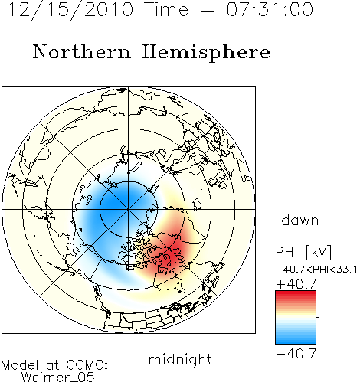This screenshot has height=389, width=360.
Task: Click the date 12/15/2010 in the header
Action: click(70, 10)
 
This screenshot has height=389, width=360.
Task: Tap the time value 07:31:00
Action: click(270, 9)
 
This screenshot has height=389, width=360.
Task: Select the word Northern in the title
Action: click(82, 51)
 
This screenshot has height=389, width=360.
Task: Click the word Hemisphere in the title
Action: click(206, 52)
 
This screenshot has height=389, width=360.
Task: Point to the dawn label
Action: click(300, 221)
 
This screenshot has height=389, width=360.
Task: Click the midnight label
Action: click(180, 360)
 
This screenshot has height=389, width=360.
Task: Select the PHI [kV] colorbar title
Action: click(303, 252)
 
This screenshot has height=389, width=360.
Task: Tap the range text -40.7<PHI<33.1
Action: click(316, 270)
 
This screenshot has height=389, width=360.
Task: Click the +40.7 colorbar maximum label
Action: click(296, 284)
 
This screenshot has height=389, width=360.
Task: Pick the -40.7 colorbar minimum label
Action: click(296, 354)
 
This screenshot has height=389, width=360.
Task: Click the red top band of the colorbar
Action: click(296, 294)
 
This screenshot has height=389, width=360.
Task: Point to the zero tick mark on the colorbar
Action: click(318, 317)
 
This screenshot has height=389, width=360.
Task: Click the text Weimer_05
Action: click(58, 377)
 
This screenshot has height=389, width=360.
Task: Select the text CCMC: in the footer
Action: click(87, 365)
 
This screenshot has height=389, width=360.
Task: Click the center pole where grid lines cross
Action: click(129, 209)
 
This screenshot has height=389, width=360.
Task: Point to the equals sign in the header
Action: click(207, 10)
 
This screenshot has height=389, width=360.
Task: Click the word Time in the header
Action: click(166, 9)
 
